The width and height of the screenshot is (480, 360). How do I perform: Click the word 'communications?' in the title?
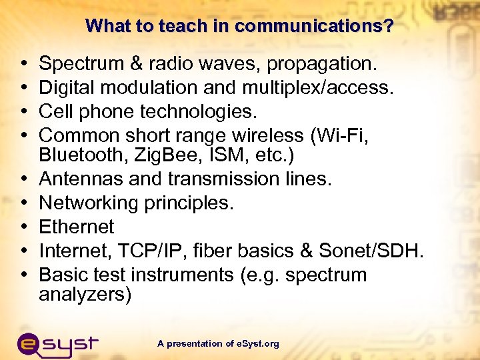[x=314, y=26]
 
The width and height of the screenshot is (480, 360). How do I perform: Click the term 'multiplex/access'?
[x=319, y=87]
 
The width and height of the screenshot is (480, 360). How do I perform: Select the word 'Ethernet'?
[x=77, y=227]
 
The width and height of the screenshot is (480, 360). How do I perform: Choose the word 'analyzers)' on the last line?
[x=85, y=295]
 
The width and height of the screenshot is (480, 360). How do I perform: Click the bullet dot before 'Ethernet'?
[x=24, y=227]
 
